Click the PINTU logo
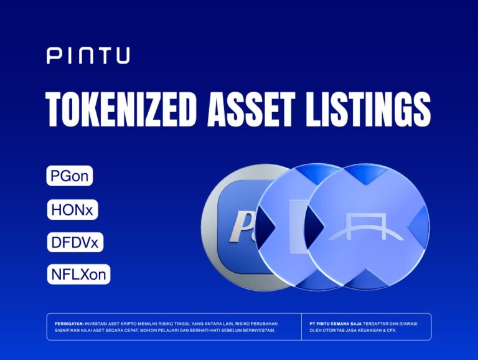click(x=88, y=56)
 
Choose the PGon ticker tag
click(x=69, y=176)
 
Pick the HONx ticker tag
click(x=72, y=210)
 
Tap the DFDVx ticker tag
click(x=75, y=242)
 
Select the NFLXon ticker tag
click(x=78, y=274)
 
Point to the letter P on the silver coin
click(x=238, y=225)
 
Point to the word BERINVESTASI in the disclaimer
click(x=256, y=330)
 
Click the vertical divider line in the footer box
click(x=301, y=327)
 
